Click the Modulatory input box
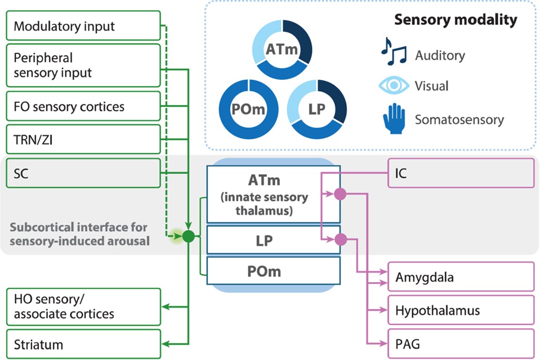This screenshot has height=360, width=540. click(x=83, y=26)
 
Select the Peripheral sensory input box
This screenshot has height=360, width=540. click(x=83, y=65)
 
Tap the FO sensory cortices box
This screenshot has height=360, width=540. click(x=83, y=107)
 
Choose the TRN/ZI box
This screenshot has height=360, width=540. click(x=83, y=140)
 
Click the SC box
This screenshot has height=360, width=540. click(x=83, y=173)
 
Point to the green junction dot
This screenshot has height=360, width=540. click(x=188, y=237)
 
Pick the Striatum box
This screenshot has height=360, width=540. click(x=83, y=344)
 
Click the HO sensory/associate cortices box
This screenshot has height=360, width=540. click(x=83, y=306)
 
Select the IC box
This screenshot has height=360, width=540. click(x=461, y=173)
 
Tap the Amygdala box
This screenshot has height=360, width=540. click(x=461, y=277)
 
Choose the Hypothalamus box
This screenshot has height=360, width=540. click(x=461, y=310)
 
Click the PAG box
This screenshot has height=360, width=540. click(x=461, y=343)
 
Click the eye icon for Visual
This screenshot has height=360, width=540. click(x=393, y=86)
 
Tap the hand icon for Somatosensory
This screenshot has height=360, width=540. click(x=393, y=118)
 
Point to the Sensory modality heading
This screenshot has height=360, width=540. click(x=455, y=20)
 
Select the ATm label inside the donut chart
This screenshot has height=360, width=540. click(x=282, y=50)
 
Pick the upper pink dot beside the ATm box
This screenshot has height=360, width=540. click(x=340, y=194)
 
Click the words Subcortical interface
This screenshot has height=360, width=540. click(x=78, y=228)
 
